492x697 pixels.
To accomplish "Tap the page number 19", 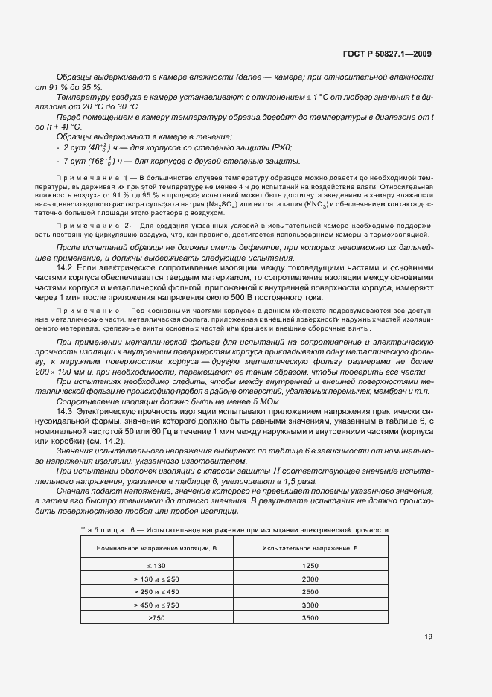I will pos(428,636).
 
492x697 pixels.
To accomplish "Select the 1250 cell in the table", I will pos(310,566).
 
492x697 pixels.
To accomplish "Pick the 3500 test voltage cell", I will pos(310,618).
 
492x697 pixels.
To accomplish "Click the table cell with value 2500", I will pos(310,592).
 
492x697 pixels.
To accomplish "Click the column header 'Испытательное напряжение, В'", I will pos(310,548).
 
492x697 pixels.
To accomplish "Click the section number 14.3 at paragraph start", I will pos(64,412).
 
